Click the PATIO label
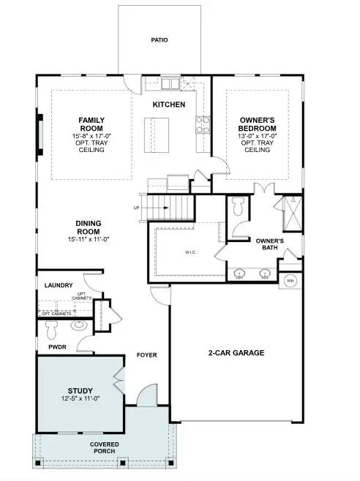pos(160,39)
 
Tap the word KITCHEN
pos(168,105)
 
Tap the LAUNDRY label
pos(59,285)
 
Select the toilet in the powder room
pos(53,326)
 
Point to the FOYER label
pos(147,356)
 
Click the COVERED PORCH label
pos(105,448)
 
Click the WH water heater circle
pos(290,281)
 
